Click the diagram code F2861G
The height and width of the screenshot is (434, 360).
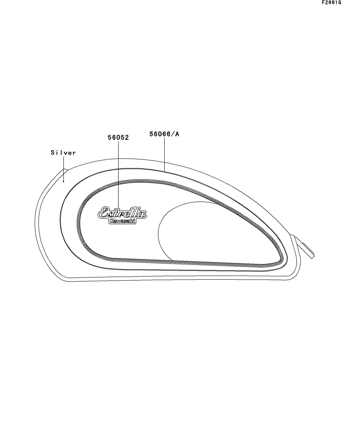click(x=331, y=2)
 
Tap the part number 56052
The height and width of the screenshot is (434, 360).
click(x=118, y=137)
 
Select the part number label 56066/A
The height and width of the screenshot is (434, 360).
click(x=164, y=134)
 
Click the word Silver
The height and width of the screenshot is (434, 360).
click(x=63, y=153)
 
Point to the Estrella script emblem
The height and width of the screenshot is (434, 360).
click(x=122, y=212)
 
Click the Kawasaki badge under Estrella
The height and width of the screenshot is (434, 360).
click(x=122, y=221)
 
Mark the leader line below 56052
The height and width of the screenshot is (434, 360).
click(x=118, y=175)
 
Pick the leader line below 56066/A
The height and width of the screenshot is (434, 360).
click(x=164, y=154)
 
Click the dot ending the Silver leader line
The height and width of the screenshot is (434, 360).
click(x=63, y=181)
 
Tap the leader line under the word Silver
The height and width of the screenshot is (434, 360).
click(x=63, y=169)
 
